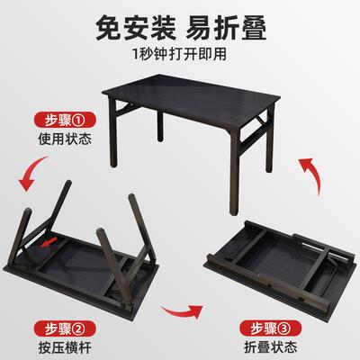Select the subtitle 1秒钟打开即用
(x=180, y=60)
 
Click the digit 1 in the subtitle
(x=134, y=60)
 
